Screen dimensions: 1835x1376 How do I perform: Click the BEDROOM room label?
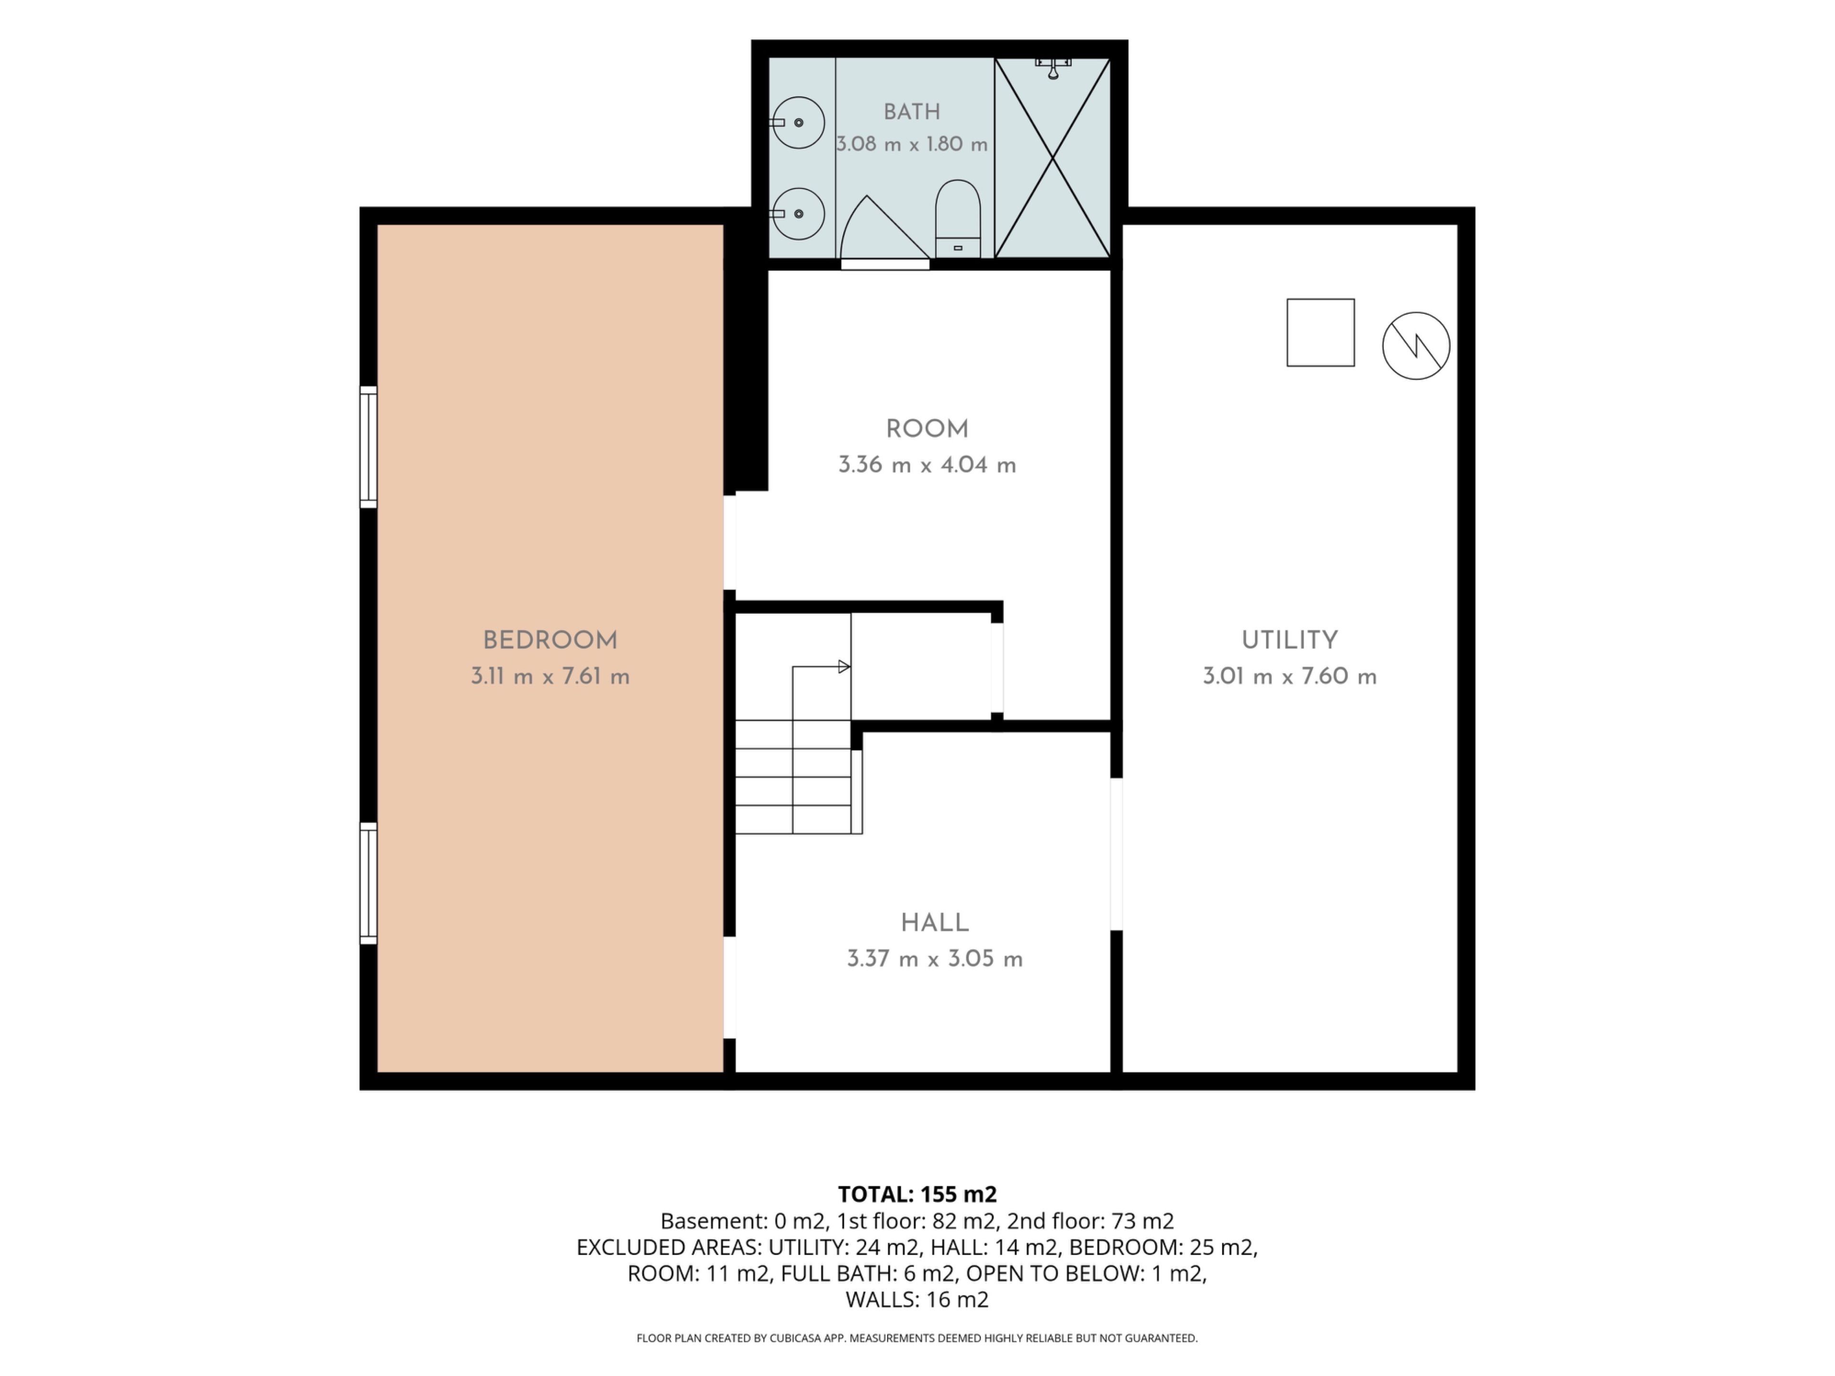(x=550, y=640)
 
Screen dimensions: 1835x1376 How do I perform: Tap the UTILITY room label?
(x=1289, y=640)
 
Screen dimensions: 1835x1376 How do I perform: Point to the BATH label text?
(x=912, y=112)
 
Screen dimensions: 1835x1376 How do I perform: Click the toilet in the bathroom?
(x=958, y=219)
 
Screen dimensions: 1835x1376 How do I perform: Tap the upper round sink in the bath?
(x=798, y=123)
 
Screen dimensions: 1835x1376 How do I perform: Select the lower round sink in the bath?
(x=798, y=214)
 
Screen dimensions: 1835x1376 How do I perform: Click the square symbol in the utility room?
(x=1321, y=333)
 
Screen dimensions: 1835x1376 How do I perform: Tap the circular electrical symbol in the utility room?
(x=1416, y=346)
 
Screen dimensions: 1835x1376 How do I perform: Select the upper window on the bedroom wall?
(x=368, y=447)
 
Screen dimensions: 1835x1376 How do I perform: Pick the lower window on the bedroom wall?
(x=368, y=883)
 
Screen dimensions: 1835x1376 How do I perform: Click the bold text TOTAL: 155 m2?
(x=917, y=1194)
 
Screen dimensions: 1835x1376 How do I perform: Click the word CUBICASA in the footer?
(x=797, y=1338)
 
